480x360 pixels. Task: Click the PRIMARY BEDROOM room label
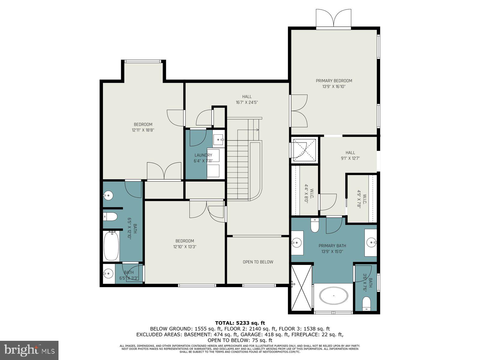[334, 81]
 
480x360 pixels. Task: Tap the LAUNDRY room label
[203, 155]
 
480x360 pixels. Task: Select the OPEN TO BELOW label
[258, 262]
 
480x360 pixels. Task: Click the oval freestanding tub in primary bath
[334, 296]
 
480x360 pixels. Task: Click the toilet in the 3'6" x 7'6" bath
[366, 303]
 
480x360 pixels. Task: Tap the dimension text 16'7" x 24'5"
[247, 102]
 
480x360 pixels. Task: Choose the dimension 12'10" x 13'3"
[184, 247]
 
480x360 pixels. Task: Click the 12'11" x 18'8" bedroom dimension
[143, 130]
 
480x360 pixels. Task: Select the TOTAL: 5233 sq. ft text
[240, 323]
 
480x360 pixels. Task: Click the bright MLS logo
[29, 350]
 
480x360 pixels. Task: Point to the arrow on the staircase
[257, 130]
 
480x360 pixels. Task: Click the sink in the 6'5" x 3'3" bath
[108, 273]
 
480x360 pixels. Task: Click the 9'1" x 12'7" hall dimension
[350, 158]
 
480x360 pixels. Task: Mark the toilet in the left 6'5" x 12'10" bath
[110, 216]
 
